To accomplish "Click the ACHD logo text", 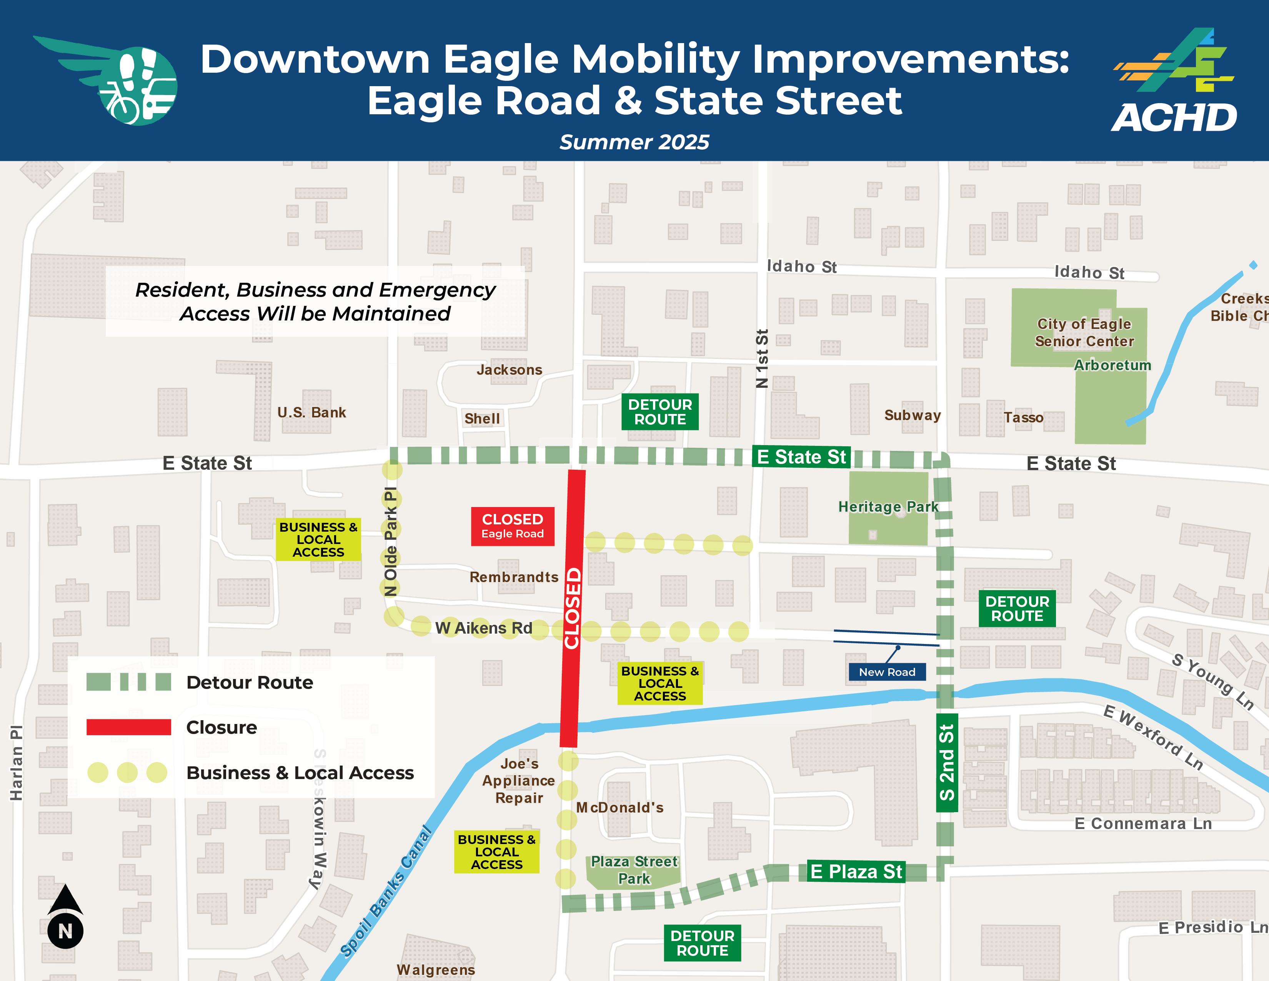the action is [1174, 118].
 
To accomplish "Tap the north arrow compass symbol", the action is [65, 916].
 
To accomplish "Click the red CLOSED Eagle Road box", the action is [513, 526].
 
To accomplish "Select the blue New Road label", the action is [887, 672].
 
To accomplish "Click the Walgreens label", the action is [436, 970].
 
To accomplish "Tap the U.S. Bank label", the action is [311, 413].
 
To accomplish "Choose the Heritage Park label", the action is [888, 507].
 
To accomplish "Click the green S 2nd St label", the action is [946, 762].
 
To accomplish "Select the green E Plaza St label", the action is [856, 872].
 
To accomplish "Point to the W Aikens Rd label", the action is [483, 628].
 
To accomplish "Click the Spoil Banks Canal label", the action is [386, 891].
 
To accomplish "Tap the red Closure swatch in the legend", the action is [129, 727].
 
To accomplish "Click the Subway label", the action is [912, 415].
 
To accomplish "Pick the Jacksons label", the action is [510, 370].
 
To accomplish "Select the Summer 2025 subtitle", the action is [634, 142].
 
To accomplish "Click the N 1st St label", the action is [762, 359].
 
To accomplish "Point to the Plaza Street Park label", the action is [634, 870].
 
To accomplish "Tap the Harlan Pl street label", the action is [16, 762].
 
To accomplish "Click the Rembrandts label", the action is [514, 577].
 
